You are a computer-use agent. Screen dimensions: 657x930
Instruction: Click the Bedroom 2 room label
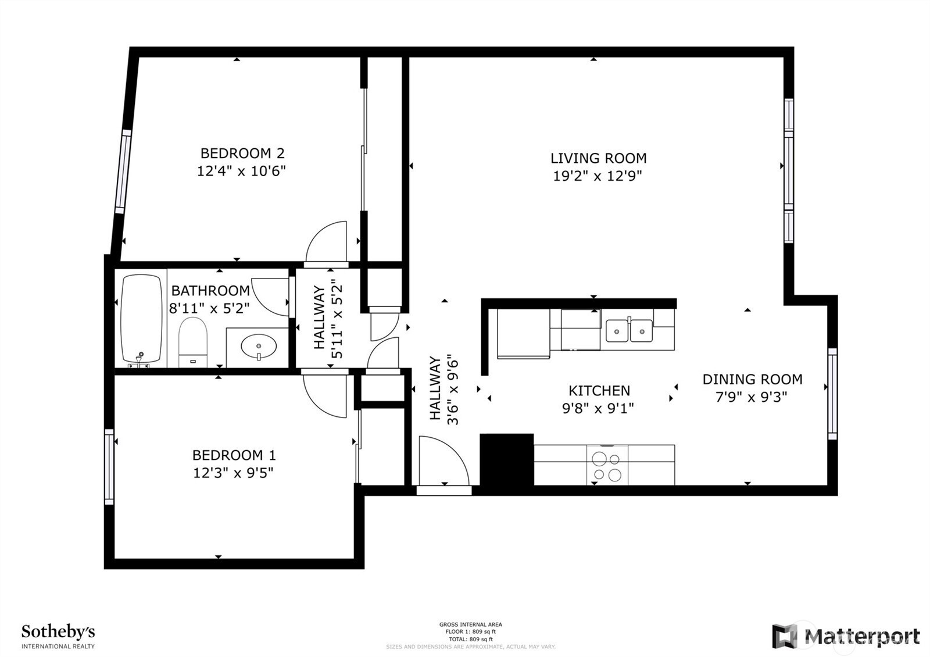tap(242, 153)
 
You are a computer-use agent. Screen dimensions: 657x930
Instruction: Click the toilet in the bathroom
tap(192, 342)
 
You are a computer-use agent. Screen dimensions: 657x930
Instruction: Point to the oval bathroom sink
tap(259, 347)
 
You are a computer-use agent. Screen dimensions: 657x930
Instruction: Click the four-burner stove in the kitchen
tap(607, 466)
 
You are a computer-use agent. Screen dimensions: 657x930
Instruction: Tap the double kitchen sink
tap(629, 331)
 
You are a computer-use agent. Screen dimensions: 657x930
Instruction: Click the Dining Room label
tap(752, 379)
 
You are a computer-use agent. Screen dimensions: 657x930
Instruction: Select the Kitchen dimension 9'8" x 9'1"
tap(598, 408)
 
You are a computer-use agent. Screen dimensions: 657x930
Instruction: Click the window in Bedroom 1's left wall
tap(109, 466)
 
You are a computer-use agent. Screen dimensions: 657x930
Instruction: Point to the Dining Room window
tap(832, 394)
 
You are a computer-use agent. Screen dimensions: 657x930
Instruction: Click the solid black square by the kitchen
tap(506, 459)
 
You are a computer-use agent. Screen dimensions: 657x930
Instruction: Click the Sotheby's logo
tap(58, 637)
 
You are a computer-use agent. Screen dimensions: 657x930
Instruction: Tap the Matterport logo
tap(846, 636)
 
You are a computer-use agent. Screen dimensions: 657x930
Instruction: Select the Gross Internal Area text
tap(470, 624)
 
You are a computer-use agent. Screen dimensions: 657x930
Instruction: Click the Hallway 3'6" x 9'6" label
tap(444, 391)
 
